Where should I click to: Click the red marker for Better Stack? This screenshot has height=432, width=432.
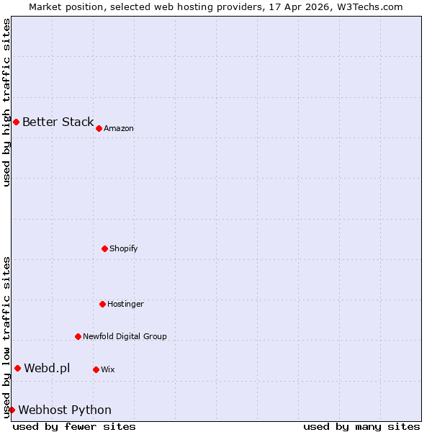(x=16, y=122)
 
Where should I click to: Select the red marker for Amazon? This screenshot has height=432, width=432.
(x=99, y=128)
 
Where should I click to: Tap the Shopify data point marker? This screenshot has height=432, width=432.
(x=104, y=248)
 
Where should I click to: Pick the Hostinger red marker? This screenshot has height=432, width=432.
(x=102, y=304)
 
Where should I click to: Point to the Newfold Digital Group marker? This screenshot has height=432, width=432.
(x=78, y=336)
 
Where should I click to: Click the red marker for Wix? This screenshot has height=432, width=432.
(x=96, y=369)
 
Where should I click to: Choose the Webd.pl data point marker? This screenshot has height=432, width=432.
(x=17, y=369)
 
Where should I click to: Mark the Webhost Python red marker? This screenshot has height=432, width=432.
(x=12, y=410)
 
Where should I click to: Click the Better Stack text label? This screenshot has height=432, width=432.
(x=58, y=122)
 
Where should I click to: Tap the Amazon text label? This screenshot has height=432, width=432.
(x=119, y=128)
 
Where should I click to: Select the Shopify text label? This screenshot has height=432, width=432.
(x=124, y=248)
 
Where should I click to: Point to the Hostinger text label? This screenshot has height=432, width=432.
(x=126, y=304)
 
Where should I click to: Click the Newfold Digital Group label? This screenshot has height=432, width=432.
(x=125, y=336)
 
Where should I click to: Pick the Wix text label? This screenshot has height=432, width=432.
(x=108, y=369)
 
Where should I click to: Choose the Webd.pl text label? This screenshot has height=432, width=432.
(x=47, y=369)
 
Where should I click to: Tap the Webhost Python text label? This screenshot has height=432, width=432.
(x=65, y=410)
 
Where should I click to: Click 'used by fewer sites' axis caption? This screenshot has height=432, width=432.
(x=74, y=426)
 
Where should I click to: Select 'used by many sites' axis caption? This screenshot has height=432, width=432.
(x=361, y=426)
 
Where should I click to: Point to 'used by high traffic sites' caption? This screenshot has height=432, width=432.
(x=6, y=102)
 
